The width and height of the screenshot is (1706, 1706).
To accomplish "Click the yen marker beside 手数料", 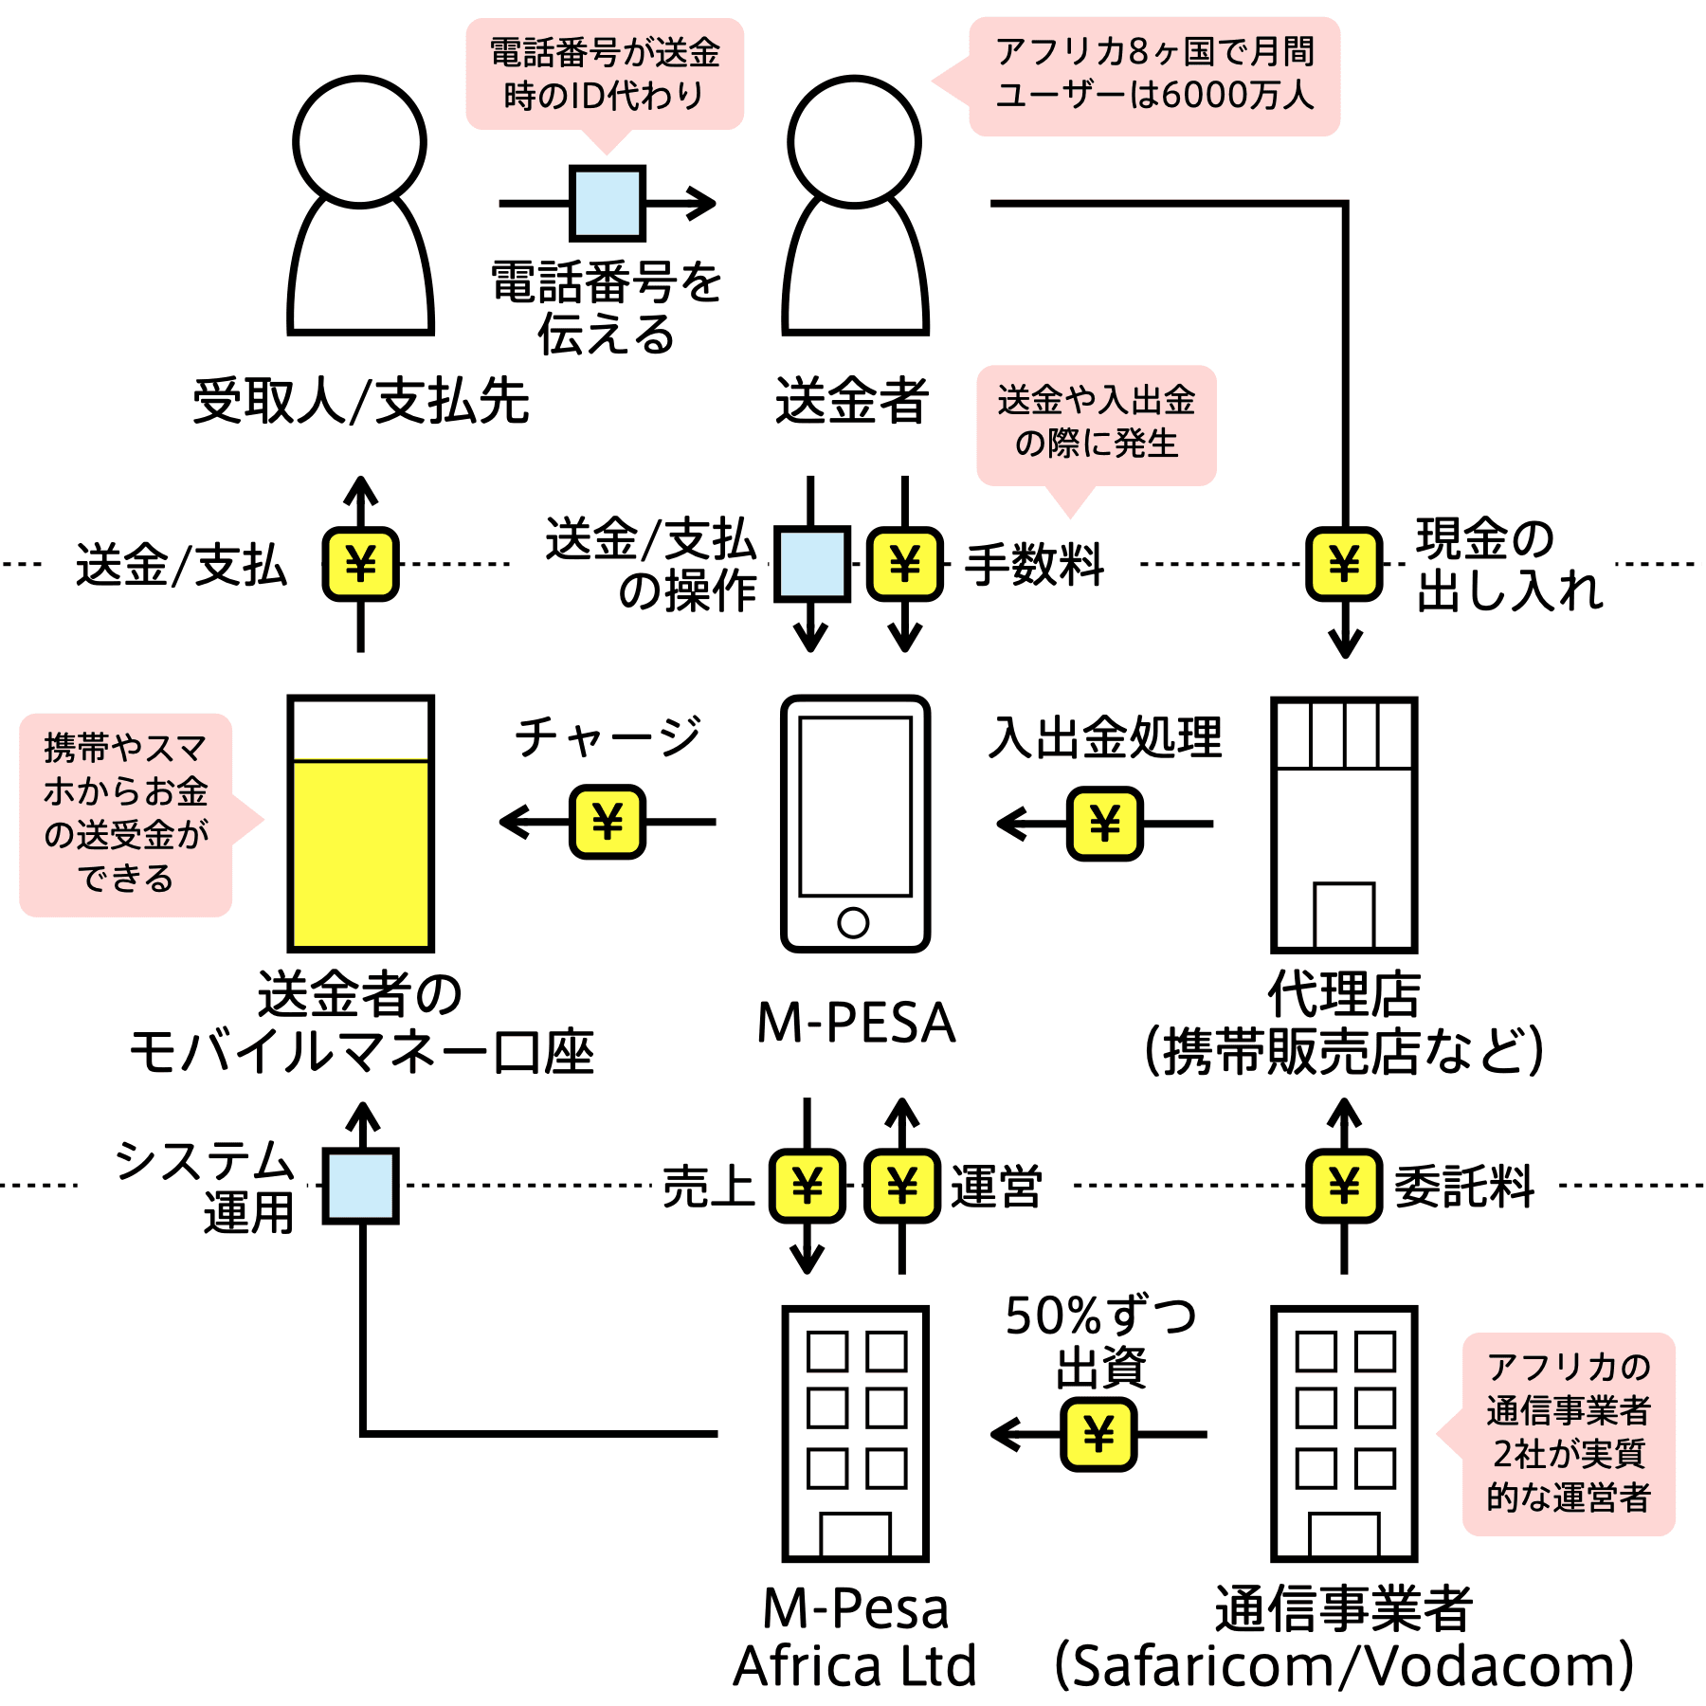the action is pos(905,564).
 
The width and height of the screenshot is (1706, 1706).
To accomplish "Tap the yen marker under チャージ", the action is pos(608,822).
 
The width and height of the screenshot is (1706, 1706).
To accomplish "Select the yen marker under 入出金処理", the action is pos(1105,824).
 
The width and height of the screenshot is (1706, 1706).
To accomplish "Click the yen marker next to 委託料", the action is pos(1344,1186).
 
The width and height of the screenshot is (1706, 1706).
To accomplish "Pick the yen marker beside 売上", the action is pos(807,1186).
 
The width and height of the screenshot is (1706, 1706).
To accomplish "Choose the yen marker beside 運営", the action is pos(902,1186).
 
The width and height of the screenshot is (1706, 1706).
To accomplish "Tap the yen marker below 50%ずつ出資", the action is pos(1098,1434).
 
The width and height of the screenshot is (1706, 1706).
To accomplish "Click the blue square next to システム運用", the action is pos(360,1186).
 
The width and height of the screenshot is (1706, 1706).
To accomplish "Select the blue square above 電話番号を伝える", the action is pos(608,203).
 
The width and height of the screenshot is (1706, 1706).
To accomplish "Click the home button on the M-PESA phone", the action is pos(853,922).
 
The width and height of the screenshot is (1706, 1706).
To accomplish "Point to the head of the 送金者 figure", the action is pos(854,141).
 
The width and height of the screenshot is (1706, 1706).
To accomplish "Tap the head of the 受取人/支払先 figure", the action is pos(359,141).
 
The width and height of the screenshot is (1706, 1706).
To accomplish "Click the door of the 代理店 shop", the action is pos(1344,916).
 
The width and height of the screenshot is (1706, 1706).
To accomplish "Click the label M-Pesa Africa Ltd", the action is pos(855,1637).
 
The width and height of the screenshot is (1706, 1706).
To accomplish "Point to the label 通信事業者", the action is pos(1344,1608).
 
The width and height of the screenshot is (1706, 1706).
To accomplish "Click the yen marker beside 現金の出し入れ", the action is pos(1344,564).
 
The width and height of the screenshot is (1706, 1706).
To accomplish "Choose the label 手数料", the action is pos(1034,565).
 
